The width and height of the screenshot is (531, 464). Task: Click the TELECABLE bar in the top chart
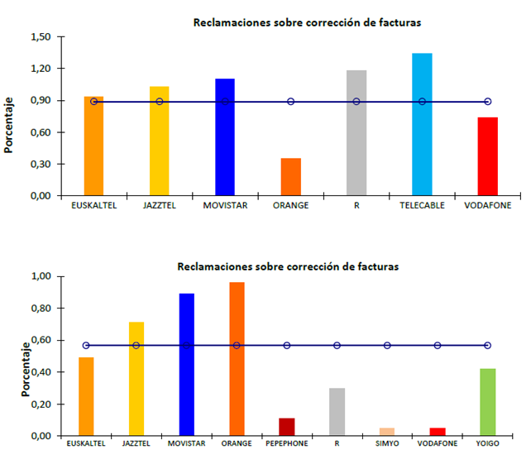pyautogui.click(x=422, y=124)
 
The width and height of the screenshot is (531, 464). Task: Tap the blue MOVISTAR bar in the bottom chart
pyautogui.click(x=186, y=364)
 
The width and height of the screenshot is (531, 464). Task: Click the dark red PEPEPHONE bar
pyautogui.click(x=287, y=427)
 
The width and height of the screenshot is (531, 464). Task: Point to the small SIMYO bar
pyautogui.click(x=386, y=432)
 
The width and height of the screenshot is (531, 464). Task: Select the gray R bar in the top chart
pyautogui.click(x=356, y=132)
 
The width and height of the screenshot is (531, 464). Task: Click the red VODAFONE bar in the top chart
pyautogui.click(x=487, y=156)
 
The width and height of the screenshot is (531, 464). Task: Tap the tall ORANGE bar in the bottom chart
pyautogui.click(x=237, y=359)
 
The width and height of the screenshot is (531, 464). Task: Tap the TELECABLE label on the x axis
pyautogui.click(x=422, y=206)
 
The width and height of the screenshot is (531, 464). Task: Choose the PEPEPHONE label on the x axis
pyautogui.click(x=287, y=444)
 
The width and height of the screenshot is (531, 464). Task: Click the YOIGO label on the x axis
pyautogui.click(x=487, y=444)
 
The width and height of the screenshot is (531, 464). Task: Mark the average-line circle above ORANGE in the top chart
pyautogui.click(x=290, y=102)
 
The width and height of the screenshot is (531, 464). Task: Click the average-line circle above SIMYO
pyautogui.click(x=386, y=345)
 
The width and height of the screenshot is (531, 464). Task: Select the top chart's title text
pyautogui.click(x=307, y=22)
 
